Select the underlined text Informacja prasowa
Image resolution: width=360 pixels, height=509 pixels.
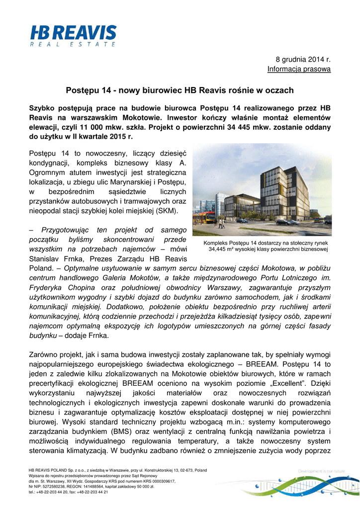click(x=299, y=69)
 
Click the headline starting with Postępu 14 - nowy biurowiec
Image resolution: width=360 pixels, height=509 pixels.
click(x=180, y=90)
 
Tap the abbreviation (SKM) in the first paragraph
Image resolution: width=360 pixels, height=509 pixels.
click(x=169, y=211)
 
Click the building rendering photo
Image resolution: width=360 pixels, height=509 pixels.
click(x=262, y=190)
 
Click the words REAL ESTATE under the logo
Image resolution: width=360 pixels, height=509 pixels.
click(x=72, y=44)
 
